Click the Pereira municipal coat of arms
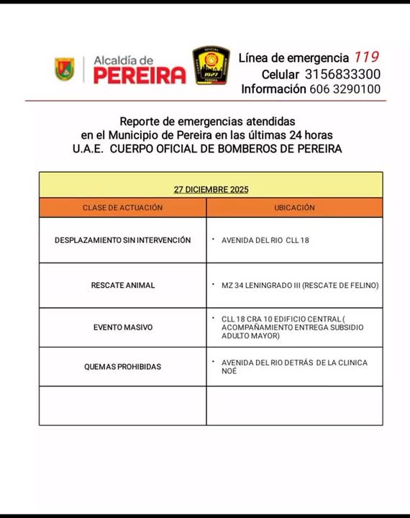click(x=65, y=69)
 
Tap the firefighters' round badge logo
click(x=211, y=66)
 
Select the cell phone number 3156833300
click(x=342, y=74)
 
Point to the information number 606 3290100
click(x=345, y=89)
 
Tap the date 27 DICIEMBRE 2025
click(x=211, y=190)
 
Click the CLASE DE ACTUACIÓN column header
click(x=122, y=207)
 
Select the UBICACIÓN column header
click(x=294, y=207)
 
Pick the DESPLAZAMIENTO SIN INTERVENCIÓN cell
click(x=122, y=240)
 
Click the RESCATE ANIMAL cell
click(x=122, y=286)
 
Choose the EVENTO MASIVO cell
click(x=122, y=327)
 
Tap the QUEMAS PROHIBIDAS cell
click(x=122, y=367)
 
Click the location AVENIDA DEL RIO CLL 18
click(x=265, y=240)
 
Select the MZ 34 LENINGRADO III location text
click(x=299, y=286)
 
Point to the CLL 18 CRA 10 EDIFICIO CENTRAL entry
click(x=292, y=327)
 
